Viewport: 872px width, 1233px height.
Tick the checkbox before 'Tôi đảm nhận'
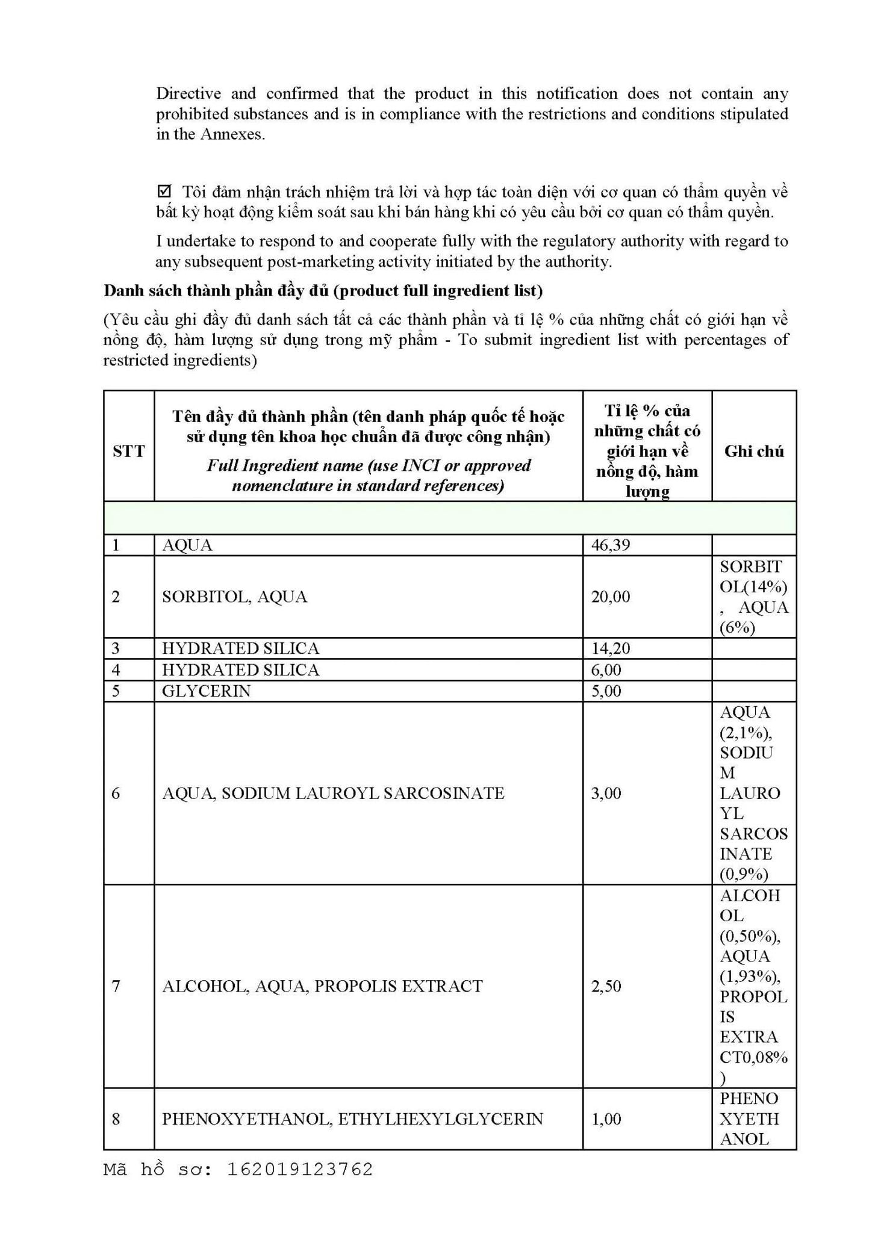[163, 191]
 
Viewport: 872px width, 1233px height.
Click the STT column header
[128, 451]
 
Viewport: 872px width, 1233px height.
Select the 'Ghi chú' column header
[754, 451]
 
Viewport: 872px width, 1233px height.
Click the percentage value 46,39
[611, 545]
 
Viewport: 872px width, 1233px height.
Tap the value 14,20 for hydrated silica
[611, 648]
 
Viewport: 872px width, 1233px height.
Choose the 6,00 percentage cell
[606, 669]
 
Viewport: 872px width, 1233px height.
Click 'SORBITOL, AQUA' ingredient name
[234, 597]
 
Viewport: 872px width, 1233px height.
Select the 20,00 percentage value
[611, 597]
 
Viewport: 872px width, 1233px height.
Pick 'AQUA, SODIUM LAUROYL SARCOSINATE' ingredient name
[333, 793]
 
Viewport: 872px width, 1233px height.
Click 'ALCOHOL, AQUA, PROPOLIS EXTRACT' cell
[322, 986]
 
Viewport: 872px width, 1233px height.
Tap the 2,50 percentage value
[606, 986]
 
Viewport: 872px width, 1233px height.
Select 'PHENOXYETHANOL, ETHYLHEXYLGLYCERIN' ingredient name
[352, 1119]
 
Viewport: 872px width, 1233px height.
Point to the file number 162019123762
[300, 1169]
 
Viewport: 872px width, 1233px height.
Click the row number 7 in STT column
[116, 986]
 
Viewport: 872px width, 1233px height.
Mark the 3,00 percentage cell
[606, 793]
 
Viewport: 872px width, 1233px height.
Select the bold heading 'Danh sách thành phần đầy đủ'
[217, 291]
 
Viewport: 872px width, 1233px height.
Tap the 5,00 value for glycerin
[606, 691]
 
